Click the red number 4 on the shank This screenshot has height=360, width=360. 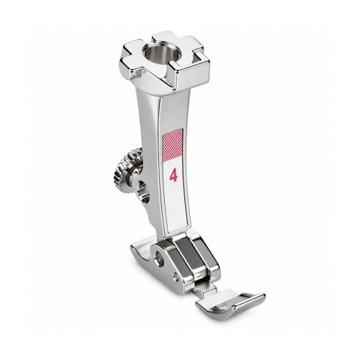click(174, 176)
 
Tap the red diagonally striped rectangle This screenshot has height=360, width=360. click(172, 145)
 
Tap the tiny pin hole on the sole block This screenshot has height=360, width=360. click(176, 274)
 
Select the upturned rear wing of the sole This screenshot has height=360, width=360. click(140, 249)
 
